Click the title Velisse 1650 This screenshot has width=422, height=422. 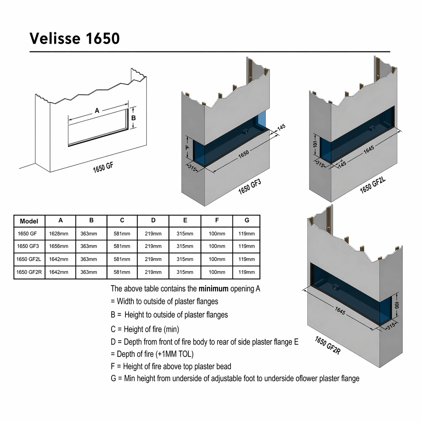click(74, 39)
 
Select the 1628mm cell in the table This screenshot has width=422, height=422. click(59, 234)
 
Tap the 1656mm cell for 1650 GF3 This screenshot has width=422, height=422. click(59, 246)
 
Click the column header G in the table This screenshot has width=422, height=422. click(247, 220)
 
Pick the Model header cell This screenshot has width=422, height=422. click(29, 221)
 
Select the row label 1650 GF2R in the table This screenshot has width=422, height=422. click(29, 272)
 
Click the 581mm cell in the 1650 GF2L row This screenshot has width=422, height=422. click(122, 259)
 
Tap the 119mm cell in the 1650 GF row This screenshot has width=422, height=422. click(247, 234)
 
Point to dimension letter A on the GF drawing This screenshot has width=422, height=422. click(97, 111)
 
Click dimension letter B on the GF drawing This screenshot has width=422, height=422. click(133, 118)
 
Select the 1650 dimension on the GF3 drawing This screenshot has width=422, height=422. click(244, 154)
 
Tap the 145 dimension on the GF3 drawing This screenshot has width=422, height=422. click(281, 127)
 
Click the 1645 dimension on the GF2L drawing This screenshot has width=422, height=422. click(369, 149)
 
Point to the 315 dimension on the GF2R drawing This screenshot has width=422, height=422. click(391, 326)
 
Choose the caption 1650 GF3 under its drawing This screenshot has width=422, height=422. click(250, 187)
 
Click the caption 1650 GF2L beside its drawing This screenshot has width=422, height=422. click(373, 185)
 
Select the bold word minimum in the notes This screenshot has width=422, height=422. click(213, 289)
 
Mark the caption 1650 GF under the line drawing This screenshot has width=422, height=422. click(103, 168)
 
